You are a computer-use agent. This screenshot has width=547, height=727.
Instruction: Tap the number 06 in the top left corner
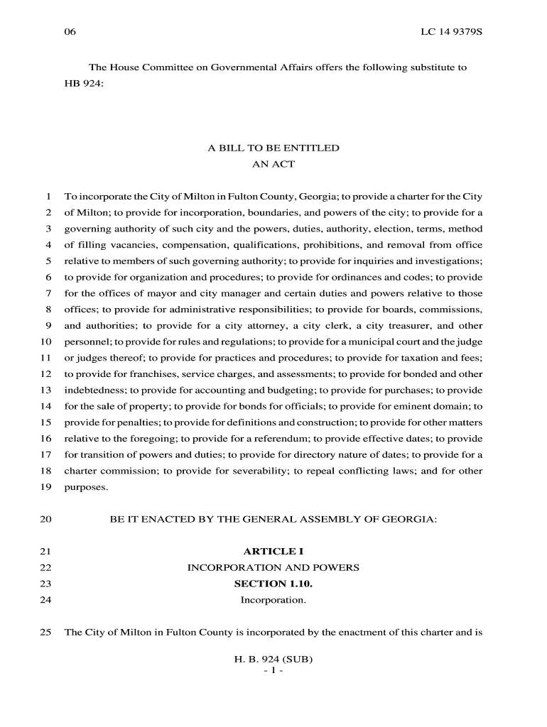pyautogui.click(x=70, y=33)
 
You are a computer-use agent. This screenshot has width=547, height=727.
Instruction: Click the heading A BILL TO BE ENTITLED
pyautogui.click(x=273, y=148)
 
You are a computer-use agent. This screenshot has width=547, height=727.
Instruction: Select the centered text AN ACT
pyautogui.click(x=273, y=164)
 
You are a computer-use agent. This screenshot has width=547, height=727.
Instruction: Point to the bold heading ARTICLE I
pyautogui.click(x=273, y=552)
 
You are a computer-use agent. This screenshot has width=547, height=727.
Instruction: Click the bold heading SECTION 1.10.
pyautogui.click(x=273, y=584)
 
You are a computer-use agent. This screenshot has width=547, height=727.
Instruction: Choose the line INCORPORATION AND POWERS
pyautogui.click(x=273, y=568)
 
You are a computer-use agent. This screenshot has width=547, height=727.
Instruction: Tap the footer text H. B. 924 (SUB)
pyautogui.click(x=273, y=659)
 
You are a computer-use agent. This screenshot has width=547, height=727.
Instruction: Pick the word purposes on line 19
pyautogui.click(x=86, y=488)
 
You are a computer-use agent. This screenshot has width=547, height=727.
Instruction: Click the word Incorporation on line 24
pyautogui.click(x=273, y=601)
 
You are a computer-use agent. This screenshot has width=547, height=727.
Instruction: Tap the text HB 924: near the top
pyautogui.click(x=85, y=83)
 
